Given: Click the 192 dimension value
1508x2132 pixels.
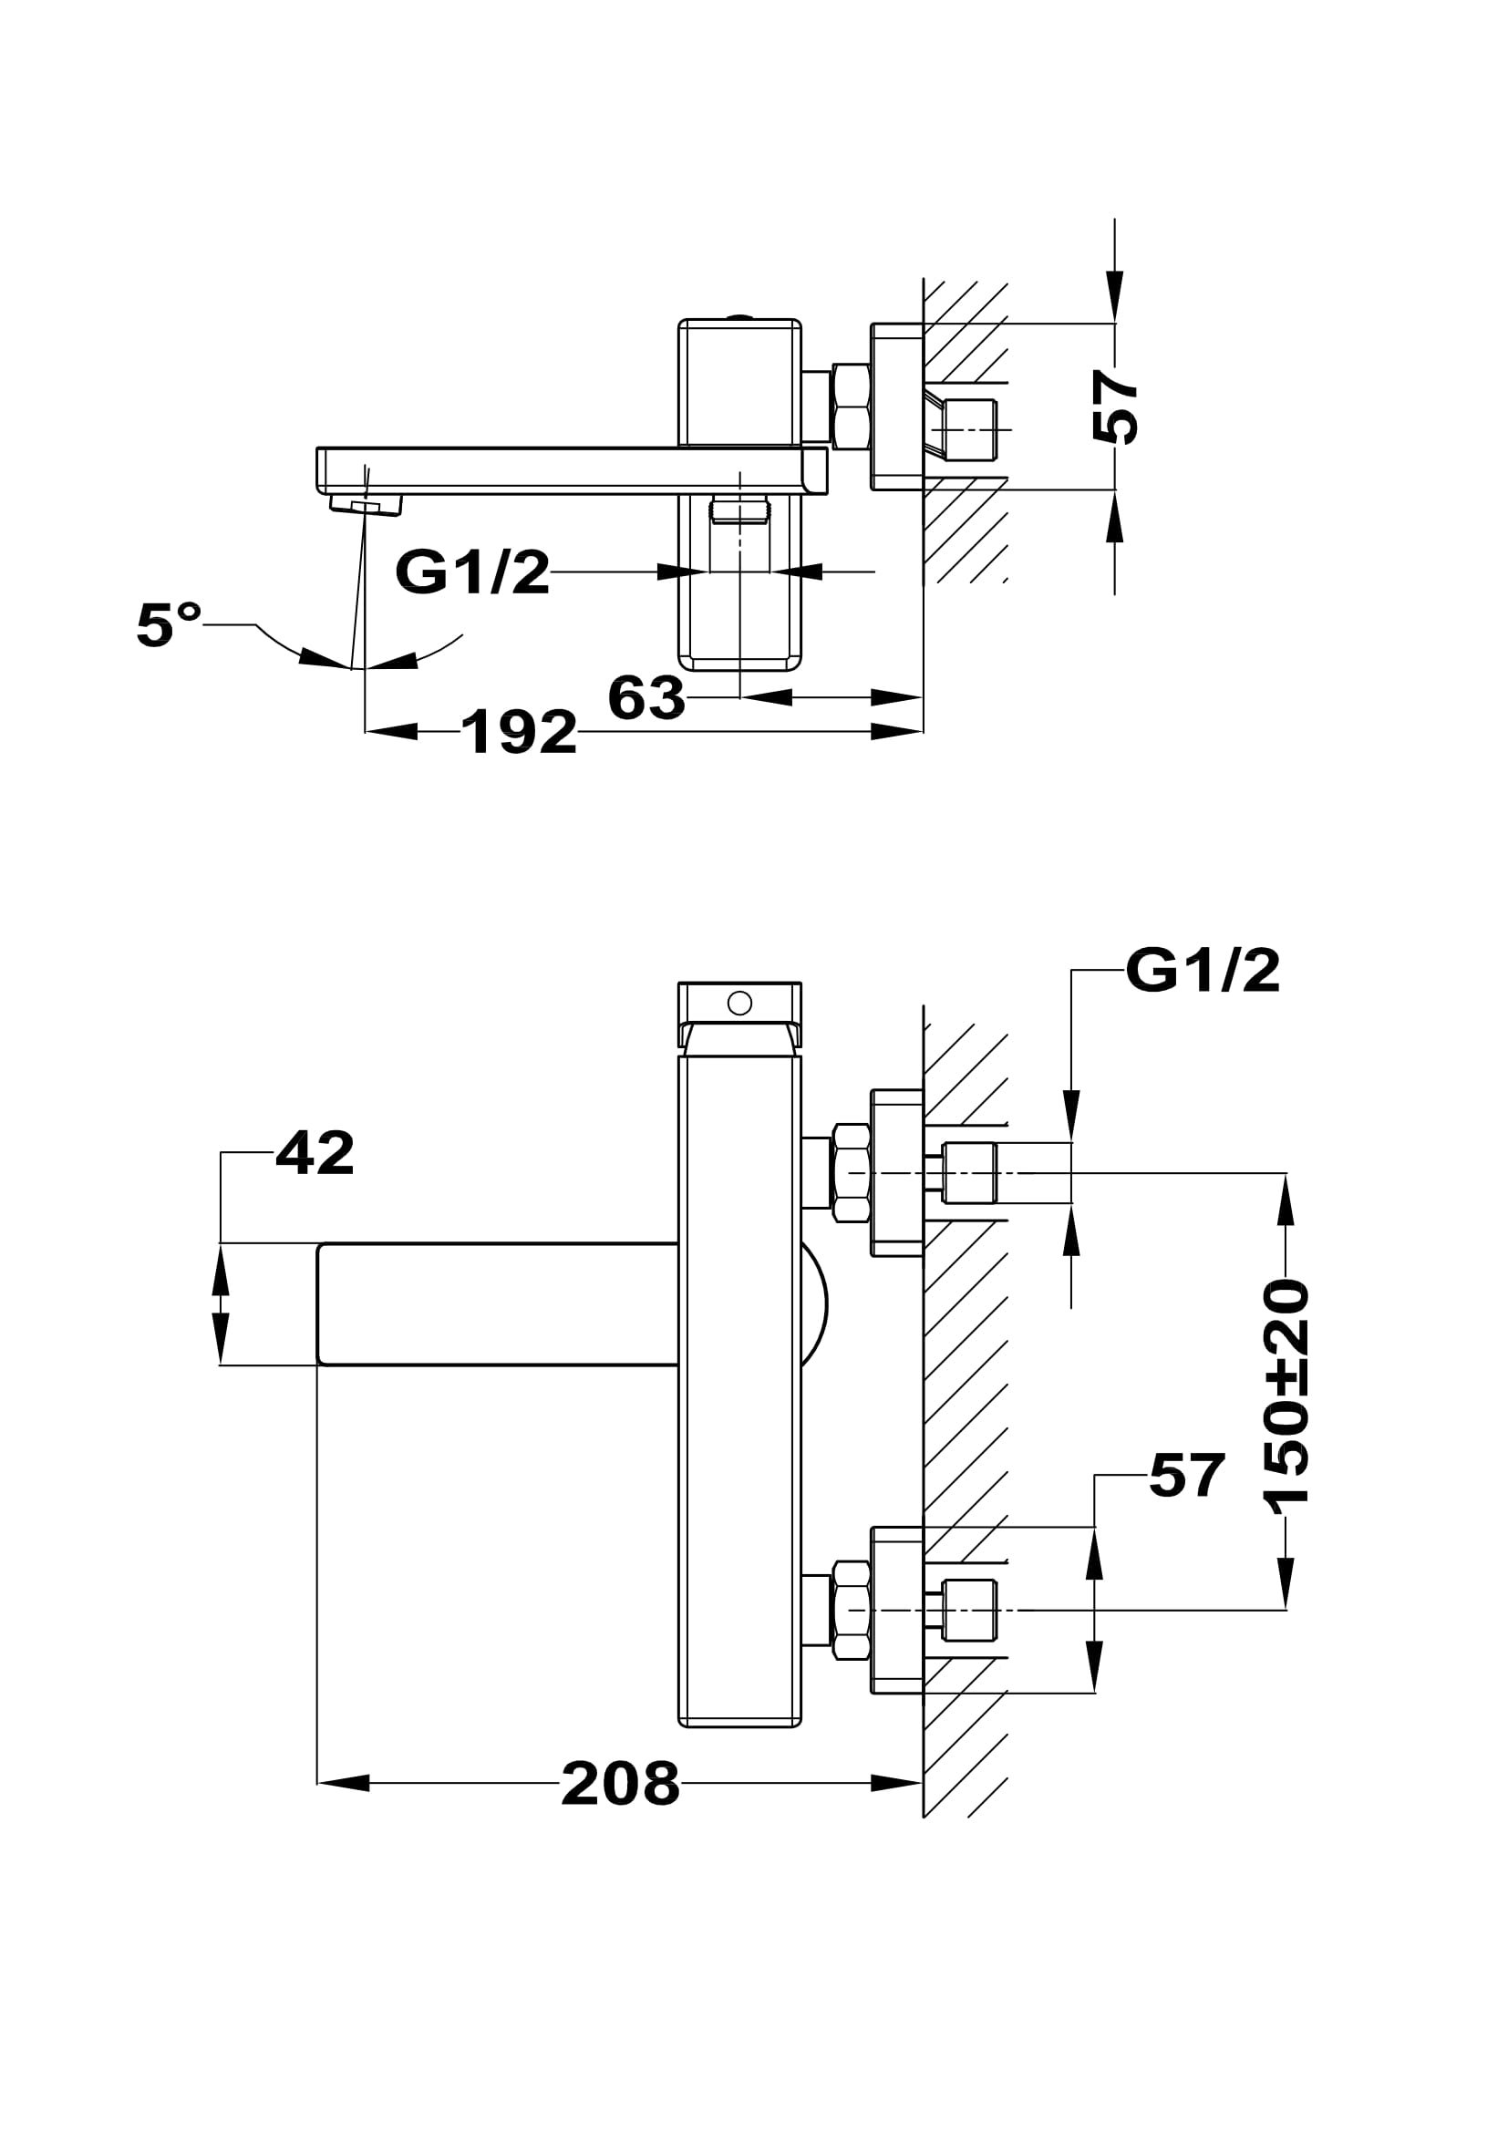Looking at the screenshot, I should pyautogui.click(x=519, y=733).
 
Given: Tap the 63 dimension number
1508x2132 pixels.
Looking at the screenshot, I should pyautogui.click(x=646, y=698).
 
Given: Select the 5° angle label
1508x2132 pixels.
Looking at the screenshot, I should pyautogui.click(x=168, y=624).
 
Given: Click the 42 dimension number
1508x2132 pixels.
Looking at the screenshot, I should pyautogui.click(x=315, y=1154).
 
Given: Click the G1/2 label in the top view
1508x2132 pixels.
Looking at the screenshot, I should pyautogui.click(x=472, y=572).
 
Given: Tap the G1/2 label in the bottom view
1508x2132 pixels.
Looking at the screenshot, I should pyautogui.click(x=1203, y=973).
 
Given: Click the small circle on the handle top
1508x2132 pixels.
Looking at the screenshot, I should pyautogui.click(x=740, y=1003).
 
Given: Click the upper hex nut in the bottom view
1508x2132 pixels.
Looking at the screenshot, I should pyautogui.click(x=851, y=1173).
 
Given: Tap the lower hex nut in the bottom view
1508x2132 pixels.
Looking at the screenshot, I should pyautogui.click(x=851, y=1609).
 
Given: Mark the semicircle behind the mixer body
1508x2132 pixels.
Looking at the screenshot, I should pyautogui.click(x=813, y=1304).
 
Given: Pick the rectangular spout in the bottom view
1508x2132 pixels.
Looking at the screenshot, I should pyautogui.click(x=497, y=1303).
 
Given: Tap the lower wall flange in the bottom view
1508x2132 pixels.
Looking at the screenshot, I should pyautogui.click(x=897, y=1609).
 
